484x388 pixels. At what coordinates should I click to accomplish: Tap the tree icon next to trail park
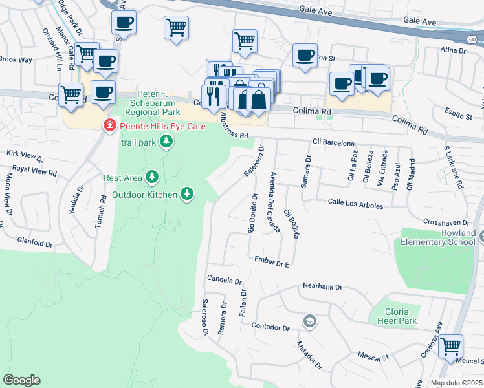click(167, 140)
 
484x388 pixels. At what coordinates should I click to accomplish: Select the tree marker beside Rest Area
click(152, 177)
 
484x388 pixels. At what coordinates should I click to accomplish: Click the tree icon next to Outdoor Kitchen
click(187, 193)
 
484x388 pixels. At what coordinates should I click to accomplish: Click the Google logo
click(21, 380)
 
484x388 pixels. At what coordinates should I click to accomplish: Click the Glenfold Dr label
click(36, 243)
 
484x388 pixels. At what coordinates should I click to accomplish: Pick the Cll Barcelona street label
click(333, 142)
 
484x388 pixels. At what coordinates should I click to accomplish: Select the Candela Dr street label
click(224, 281)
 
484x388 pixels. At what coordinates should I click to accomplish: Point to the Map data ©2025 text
click(457, 383)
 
